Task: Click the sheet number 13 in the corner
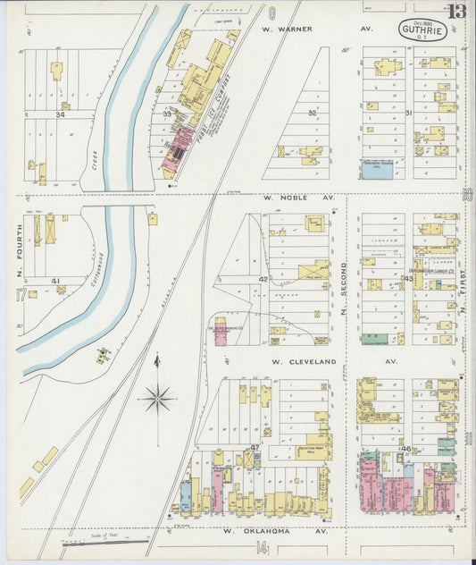(x=457, y=12)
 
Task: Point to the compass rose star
(x=157, y=397)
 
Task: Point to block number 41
(x=55, y=281)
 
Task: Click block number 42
(x=263, y=280)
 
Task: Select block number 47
(x=255, y=446)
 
